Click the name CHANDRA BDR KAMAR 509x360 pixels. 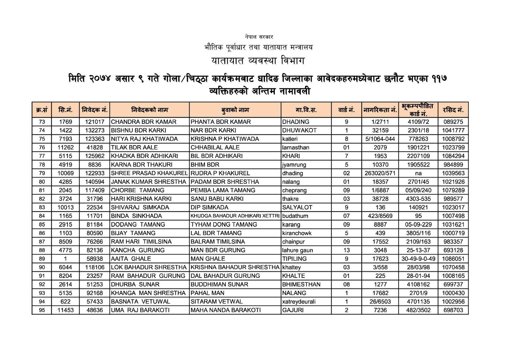(x=143, y=122)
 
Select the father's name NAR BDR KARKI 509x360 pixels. (x=213, y=131)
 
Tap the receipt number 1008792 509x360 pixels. (x=453, y=139)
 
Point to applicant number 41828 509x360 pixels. (x=94, y=148)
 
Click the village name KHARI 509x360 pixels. (x=291, y=156)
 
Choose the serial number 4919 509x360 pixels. (x=65, y=165)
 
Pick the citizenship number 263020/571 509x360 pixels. (x=380, y=173)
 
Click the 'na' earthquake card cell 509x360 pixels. (x=418, y=173)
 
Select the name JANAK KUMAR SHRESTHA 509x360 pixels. (x=148, y=182)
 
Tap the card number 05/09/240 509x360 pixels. (x=418, y=190)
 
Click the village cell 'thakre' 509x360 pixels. (x=290, y=199)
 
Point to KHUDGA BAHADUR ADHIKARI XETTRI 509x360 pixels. (x=235, y=216)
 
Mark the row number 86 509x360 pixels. (x=42, y=233)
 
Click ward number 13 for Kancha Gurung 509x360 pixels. (x=346, y=251)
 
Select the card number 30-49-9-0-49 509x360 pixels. (x=418, y=259)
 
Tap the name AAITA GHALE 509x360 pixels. (x=131, y=259)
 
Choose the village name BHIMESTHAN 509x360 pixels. (x=301, y=285)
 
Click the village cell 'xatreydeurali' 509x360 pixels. (x=299, y=302)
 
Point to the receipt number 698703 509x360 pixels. (x=453, y=310)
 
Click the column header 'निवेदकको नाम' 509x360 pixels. (x=149, y=110)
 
